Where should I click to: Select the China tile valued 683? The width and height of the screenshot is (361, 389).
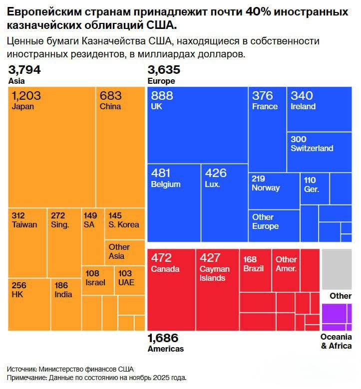coord(119,147)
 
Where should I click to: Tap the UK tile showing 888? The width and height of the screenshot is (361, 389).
coord(197,125)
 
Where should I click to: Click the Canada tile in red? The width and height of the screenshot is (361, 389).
coord(171,289)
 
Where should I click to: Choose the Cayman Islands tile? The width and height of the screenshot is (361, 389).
coord(217,289)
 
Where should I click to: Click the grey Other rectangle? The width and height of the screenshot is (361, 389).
coord(337,269)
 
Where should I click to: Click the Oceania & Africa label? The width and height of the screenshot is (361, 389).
coord(336,342)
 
